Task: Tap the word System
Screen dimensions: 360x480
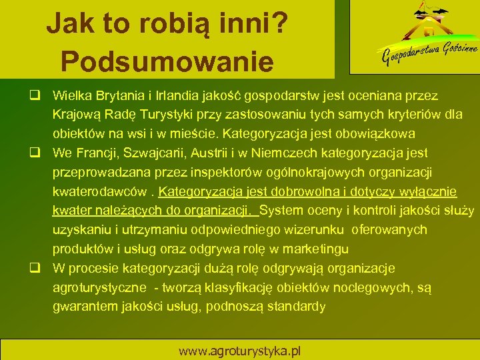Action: point(284,211)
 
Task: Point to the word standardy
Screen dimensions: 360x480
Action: point(293,307)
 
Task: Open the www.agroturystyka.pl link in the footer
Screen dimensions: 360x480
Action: point(239,350)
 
